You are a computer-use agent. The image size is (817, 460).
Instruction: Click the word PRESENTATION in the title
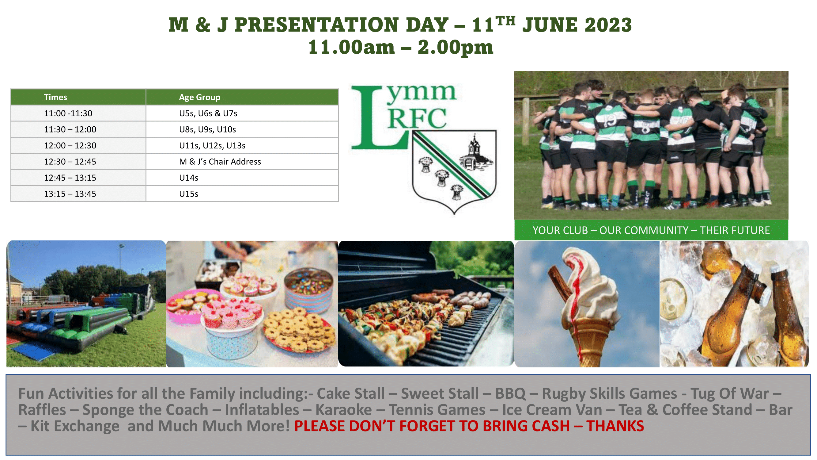(316, 25)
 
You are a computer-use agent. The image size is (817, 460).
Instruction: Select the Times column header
(55, 97)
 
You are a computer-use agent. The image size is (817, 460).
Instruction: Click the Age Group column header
(199, 97)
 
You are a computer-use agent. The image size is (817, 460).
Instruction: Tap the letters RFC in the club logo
(417, 118)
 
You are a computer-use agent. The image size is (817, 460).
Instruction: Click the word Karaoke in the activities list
(343, 409)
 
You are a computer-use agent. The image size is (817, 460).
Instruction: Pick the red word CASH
(550, 426)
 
